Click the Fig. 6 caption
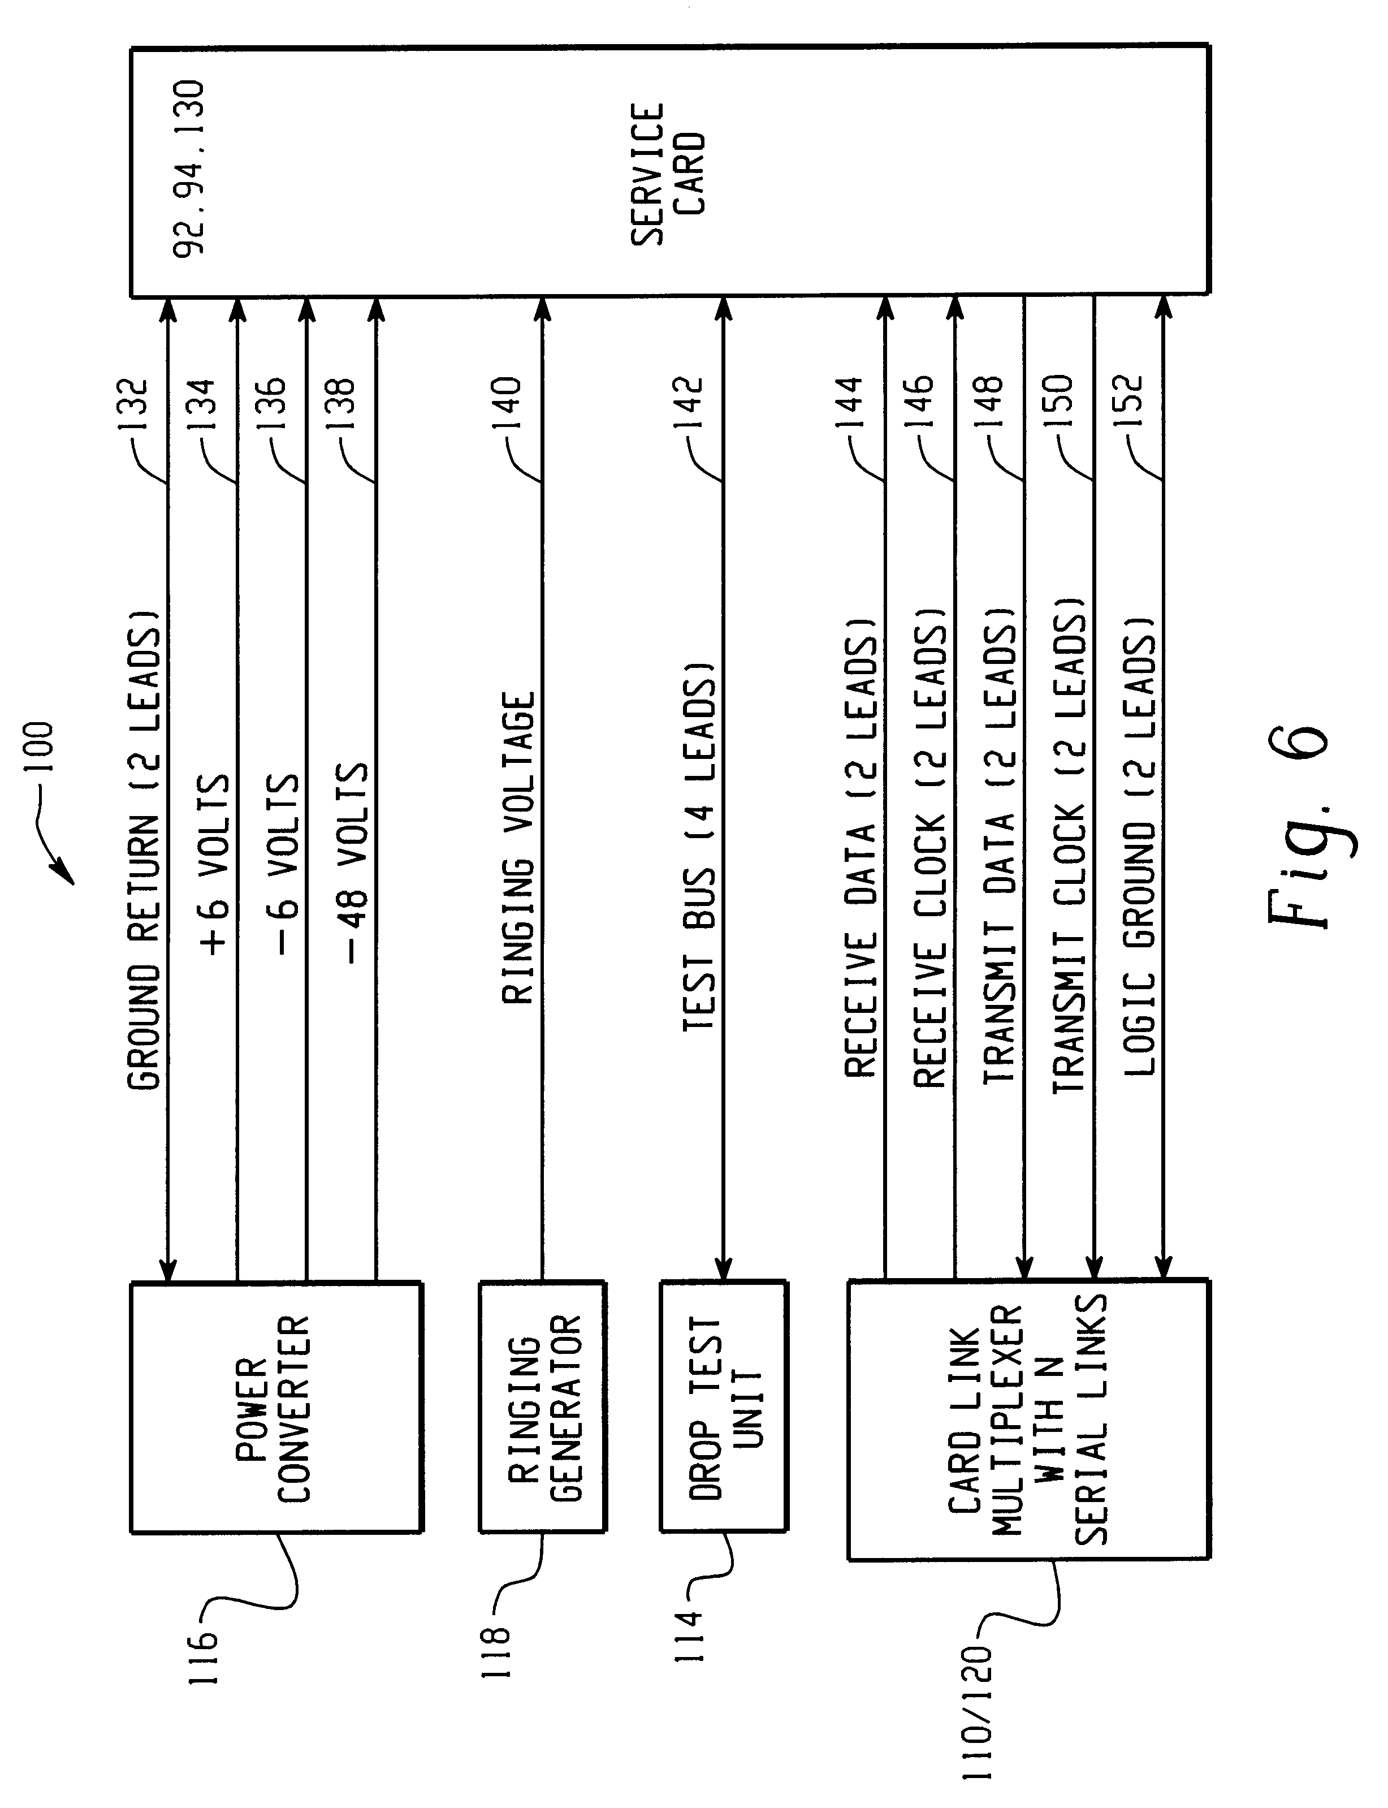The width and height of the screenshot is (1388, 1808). (x=1297, y=826)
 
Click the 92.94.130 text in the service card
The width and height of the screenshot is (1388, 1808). (x=188, y=170)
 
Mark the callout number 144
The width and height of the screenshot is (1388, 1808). (x=849, y=403)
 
